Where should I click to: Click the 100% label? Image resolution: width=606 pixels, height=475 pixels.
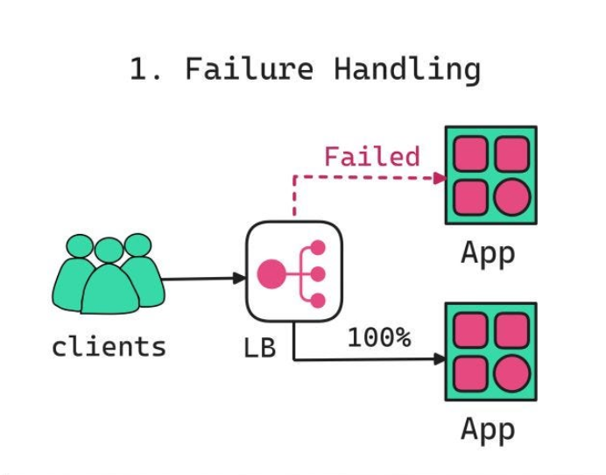(378, 337)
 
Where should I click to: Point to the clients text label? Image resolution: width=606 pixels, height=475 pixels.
(109, 346)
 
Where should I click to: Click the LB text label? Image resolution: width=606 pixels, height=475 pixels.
(259, 348)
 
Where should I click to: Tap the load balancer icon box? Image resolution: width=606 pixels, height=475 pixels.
(293, 272)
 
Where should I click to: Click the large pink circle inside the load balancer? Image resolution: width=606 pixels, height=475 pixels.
(272, 274)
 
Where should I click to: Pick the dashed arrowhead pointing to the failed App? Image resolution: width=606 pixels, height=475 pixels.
(440, 177)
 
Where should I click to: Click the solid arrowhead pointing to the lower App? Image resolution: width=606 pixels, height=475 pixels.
(440, 358)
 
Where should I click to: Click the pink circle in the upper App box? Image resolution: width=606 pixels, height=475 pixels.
(511, 198)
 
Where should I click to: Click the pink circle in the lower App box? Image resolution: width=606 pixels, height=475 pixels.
(511, 374)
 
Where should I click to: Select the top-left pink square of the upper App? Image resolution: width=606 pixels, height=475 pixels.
(470, 153)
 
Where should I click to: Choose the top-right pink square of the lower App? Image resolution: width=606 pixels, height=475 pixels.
(511, 330)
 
